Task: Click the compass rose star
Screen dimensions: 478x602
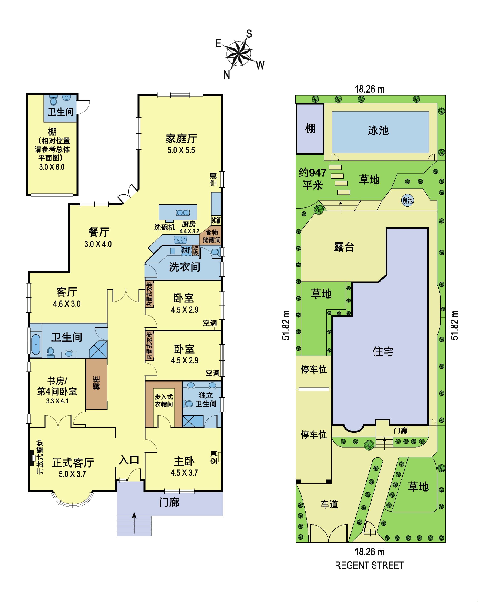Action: tap(239, 54)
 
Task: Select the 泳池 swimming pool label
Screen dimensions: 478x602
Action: tap(378, 130)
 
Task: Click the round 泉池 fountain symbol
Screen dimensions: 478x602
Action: tap(407, 200)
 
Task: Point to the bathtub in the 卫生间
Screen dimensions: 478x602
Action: tap(36, 344)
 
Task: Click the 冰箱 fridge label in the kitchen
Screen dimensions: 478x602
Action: tap(216, 220)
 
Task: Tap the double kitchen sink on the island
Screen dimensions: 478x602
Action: tap(183, 213)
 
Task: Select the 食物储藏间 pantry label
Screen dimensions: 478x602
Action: tap(212, 236)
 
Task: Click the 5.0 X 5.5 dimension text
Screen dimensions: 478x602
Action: tap(181, 150)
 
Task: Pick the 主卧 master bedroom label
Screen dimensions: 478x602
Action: tap(184, 462)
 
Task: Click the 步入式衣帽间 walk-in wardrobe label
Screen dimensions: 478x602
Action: tap(164, 400)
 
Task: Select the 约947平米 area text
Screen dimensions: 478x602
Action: tap(312, 179)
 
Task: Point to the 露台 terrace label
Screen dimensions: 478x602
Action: tap(344, 247)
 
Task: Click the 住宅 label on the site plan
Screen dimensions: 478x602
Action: tap(383, 351)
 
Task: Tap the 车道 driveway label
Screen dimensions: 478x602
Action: tap(329, 504)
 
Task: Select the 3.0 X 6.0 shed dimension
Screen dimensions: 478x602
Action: tap(52, 167)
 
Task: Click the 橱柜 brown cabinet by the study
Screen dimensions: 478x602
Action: tap(97, 383)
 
